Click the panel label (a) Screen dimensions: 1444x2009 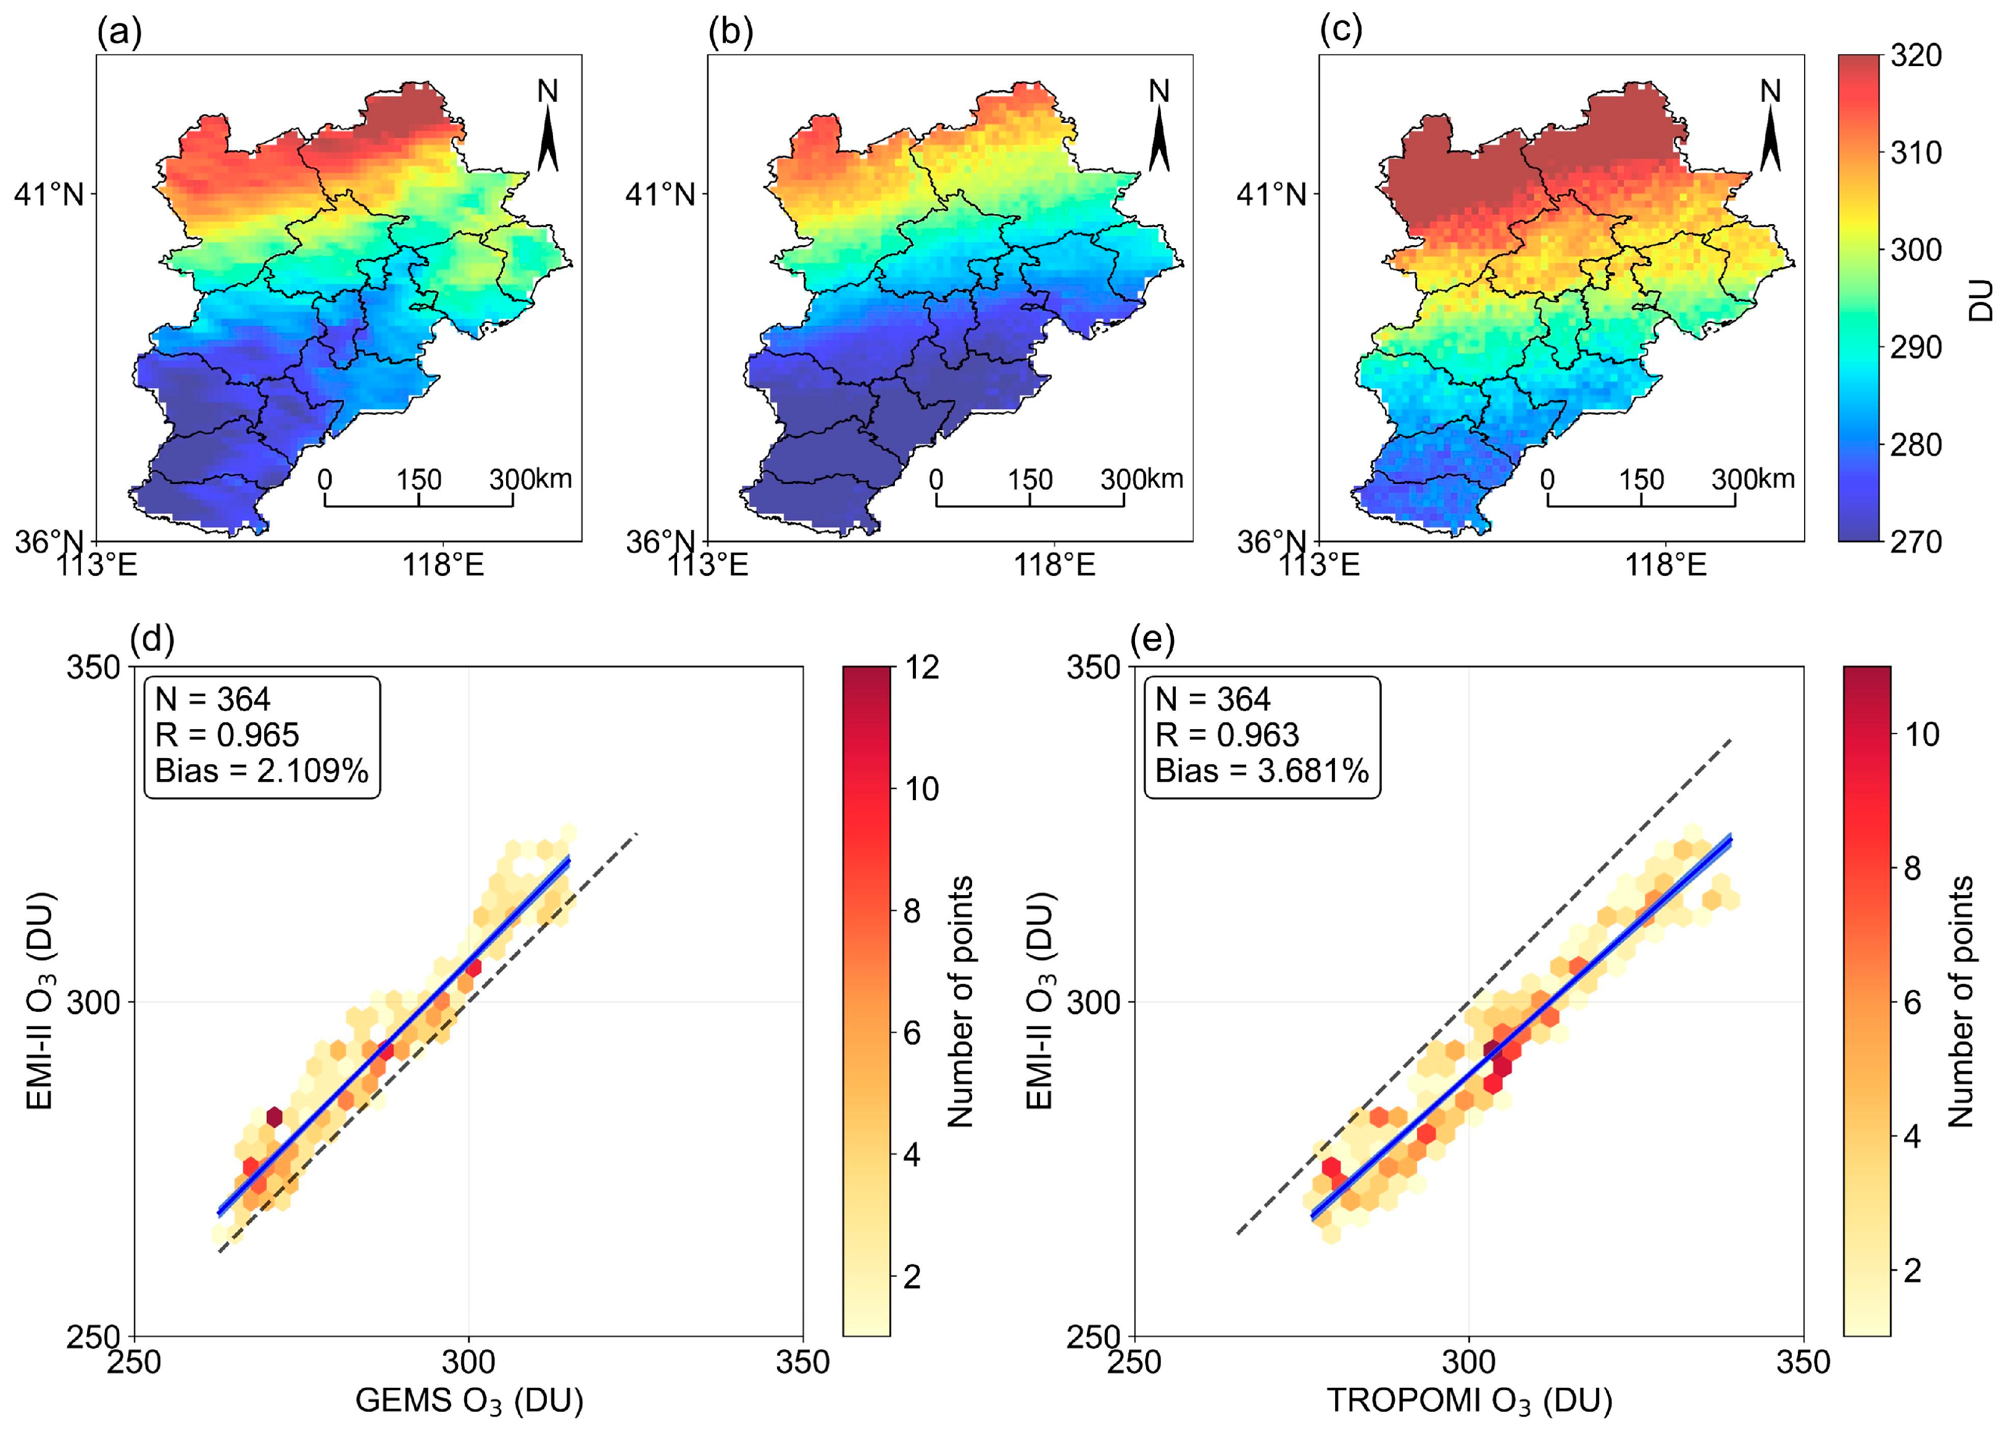[119, 32]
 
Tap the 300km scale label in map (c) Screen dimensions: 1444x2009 [1752, 479]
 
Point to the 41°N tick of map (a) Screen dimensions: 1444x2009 [49, 194]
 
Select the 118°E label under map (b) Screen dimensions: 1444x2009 [1054, 564]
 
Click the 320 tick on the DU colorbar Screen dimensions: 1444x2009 [1915, 56]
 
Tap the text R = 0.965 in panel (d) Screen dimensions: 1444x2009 [227, 735]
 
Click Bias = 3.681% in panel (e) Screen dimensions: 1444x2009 [1262, 770]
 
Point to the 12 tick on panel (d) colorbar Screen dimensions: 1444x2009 [921, 667]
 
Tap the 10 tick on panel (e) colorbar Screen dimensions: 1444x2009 [1920, 735]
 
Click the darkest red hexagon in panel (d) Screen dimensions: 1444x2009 [273, 1116]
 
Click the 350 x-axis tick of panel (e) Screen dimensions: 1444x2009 [1803, 1362]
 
